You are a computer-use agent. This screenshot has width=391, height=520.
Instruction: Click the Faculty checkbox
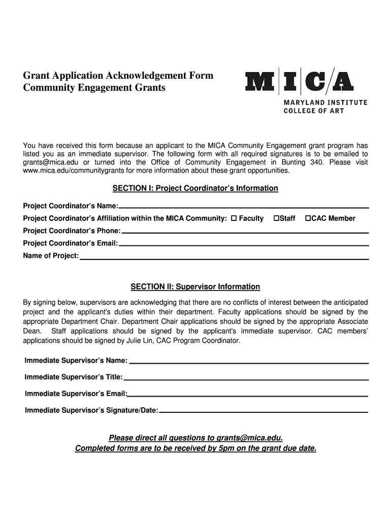234,218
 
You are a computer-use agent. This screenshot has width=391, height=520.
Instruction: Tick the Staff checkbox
276,218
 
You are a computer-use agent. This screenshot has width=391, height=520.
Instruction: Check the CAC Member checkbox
308,218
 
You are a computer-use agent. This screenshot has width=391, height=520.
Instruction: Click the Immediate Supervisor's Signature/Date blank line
263,411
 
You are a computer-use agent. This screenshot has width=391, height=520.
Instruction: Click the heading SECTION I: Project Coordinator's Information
195,188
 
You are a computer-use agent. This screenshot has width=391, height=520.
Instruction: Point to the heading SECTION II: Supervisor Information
195,287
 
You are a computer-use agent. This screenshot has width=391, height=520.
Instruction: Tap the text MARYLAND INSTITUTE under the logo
325,103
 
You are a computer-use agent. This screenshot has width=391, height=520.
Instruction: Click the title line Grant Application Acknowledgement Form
118,76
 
